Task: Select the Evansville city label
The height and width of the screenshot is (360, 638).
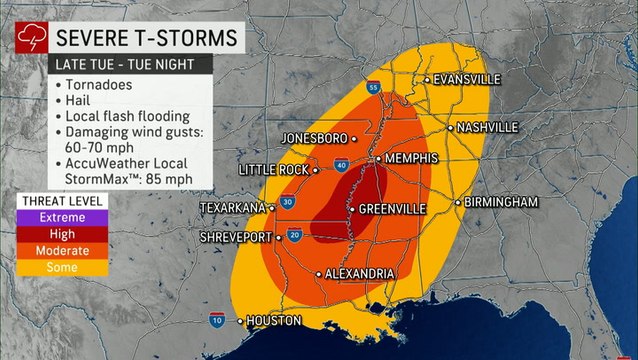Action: [466, 79]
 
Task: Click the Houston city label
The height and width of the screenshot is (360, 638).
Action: [273, 321]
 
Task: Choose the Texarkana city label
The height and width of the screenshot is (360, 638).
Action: [232, 207]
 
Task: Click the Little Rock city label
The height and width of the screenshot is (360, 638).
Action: [271, 170]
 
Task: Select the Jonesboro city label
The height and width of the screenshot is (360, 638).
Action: [313, 137]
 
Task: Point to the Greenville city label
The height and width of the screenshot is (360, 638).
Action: [391, 209]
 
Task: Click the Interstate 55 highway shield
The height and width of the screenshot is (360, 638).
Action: [372, 87]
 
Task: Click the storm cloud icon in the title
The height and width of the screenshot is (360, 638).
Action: [27, 39]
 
